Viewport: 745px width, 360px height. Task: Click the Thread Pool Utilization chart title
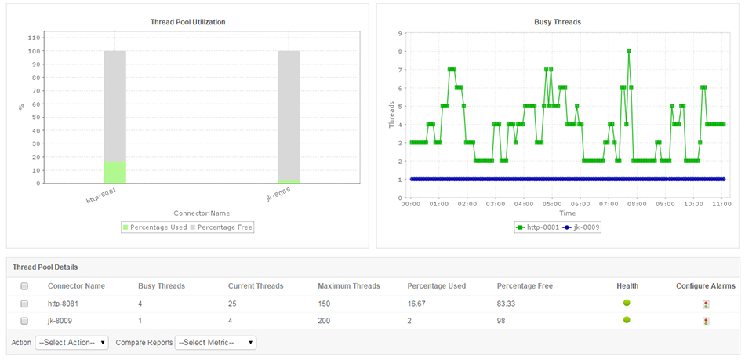187,22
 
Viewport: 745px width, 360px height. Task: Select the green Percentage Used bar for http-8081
114,172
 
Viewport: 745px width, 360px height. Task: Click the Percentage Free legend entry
224,227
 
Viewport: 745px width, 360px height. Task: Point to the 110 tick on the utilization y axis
34,37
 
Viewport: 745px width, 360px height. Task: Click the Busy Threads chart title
557,22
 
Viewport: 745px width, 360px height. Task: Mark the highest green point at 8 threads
628,51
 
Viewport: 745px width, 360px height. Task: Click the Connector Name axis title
202,213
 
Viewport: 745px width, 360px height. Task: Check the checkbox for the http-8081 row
24,304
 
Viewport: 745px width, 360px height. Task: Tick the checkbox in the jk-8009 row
24,321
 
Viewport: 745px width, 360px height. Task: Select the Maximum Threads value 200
325,321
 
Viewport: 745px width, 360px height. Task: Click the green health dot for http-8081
627,303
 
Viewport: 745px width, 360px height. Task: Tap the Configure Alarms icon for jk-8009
706,321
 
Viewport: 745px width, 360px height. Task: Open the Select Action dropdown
71,343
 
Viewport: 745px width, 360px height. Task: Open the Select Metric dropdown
216,343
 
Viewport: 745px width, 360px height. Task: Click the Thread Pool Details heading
45,267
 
